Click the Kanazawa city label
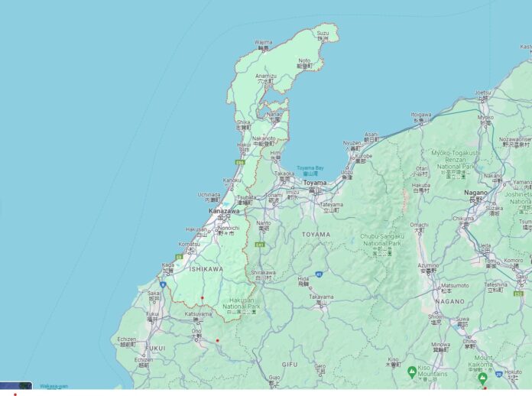[x=224, y=210]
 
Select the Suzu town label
[x=323, y=34]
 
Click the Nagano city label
[x=475, y=193]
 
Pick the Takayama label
[x=321, y=297]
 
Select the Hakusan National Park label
[x=241, y=307]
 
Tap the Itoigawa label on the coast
[x=421, y=115]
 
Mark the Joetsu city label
[x=482, y=93]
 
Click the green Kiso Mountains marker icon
[x=412, y=372]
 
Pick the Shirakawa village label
[x=263, y=272]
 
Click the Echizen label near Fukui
[x=127, y=339]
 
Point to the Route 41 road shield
[x=317, y=274]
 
